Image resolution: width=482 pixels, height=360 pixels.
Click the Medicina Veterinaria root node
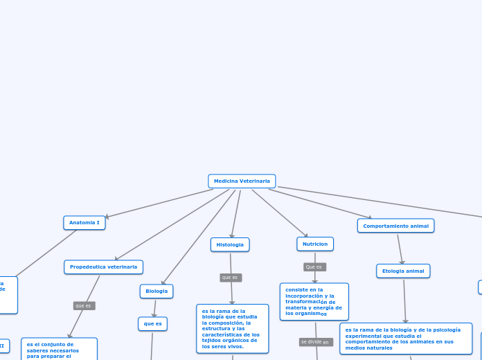pyautogui.click(x=242, y=181)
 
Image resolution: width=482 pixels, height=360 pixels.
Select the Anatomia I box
pyautogui.click(x=84, y=223)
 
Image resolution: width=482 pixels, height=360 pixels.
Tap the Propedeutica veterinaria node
pyautogui.click(x=103, y=267)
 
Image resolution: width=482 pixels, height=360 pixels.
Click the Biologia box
pyautogui.click(x=157, y=291)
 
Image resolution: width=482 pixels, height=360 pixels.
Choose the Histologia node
pyautogui.click(x=230, y=244)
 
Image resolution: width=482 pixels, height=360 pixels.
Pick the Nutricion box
pyautogui.click(x=315, y=244)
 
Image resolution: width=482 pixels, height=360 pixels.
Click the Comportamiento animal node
pyautogui.click(x=395, y=226)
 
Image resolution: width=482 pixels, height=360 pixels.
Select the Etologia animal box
pyautogui.click(x=403, y=271)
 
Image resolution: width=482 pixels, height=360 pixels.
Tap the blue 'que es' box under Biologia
pyautogui.click(x=152, y=323)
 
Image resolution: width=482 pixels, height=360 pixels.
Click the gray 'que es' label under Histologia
pyautogui.click(x=231, y=278)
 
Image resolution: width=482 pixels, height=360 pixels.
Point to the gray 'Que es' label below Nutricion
pyautogui.click(x=314, y=267)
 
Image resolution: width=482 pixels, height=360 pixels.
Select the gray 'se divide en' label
pyautogui.click(x=316, y=342)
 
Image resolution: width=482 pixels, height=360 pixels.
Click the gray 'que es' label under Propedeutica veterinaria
pyautogui.click(x=84, y=305)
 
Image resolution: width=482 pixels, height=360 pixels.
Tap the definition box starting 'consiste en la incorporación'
pyautogui.click(x=314, y=302)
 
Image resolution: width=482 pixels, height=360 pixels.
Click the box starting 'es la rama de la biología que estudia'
pyautogui.click(x=232, y=328)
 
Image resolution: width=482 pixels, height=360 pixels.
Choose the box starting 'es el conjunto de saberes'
pyautogui.click(x=59, y=348)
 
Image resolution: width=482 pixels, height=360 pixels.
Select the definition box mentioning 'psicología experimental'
pyautogui.click(x=405, y=339)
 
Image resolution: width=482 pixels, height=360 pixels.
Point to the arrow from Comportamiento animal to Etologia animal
pyautogui.click(x=400, y=249)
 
